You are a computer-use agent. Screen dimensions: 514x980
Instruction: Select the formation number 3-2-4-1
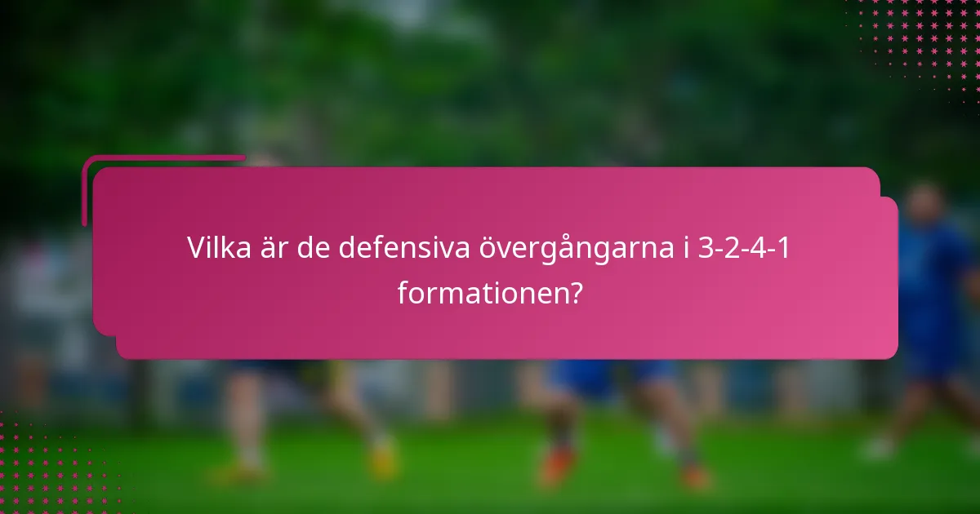click(745, 248)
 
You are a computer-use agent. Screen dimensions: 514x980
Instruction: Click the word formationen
click(480, 292)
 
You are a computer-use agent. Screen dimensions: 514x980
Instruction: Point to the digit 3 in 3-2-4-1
click(706, 248)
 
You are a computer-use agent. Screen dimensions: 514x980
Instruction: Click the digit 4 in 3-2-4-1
click(759, 248)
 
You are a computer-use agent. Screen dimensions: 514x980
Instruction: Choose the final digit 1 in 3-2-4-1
click(784, 248)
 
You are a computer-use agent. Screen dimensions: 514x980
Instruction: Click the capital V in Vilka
click(196, 248)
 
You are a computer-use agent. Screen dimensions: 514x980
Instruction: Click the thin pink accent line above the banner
click(163, 157)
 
